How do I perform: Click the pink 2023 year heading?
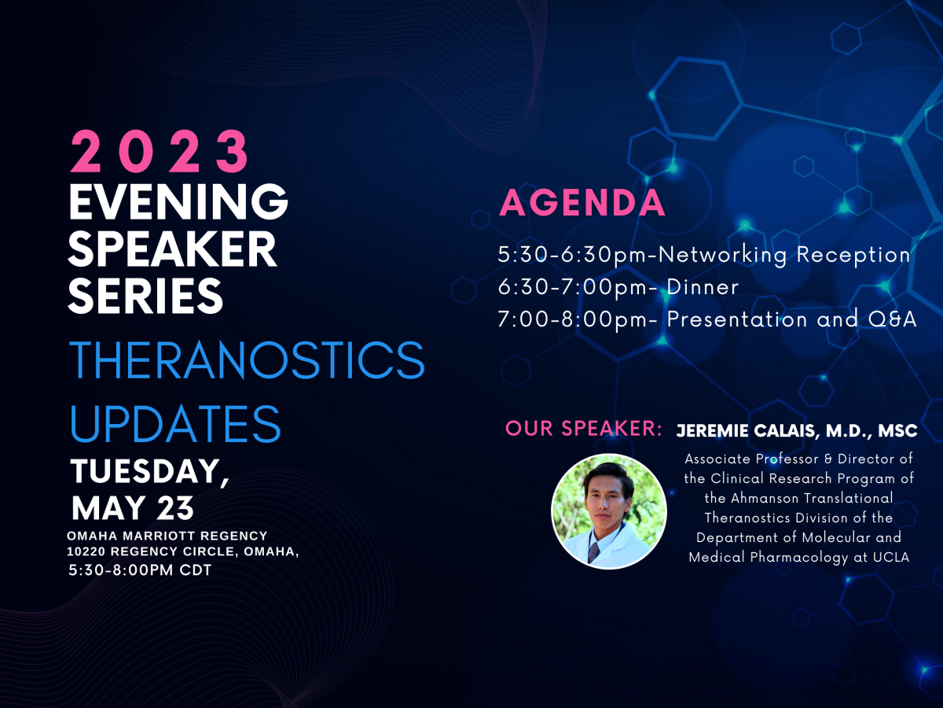(x=160, y=151)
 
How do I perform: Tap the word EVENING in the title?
(x=178, y=201)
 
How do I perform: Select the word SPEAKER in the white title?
(x=172, y=249)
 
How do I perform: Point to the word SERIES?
(x=145, y=296)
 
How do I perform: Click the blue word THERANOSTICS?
(x=247, y=360)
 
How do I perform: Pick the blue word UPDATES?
(x=175, y=424)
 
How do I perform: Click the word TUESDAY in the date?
(x=150, y=471)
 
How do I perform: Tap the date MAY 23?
(x=132, y=507)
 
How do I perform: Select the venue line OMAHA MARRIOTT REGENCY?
(x=167, y=536)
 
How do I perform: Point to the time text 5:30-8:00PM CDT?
(x=140, y=570)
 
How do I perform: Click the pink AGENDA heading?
(x=582, y=202)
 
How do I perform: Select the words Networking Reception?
(x=784, y=255)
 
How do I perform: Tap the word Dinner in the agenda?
(x=703, y=287)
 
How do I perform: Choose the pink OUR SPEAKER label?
(x=583, y=429)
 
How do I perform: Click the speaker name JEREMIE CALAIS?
(x=746, y=431)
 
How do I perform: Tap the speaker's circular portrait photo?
(x=609, y=511)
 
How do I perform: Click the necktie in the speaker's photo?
(x=594, y=552)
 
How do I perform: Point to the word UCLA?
(x=891, y=557)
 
